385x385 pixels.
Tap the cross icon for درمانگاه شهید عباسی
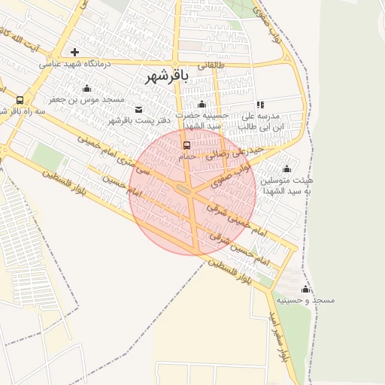(74, 52)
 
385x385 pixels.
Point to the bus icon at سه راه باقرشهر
(19, 100)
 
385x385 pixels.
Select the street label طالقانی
(211, 65)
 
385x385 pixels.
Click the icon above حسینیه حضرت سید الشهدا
(201, 105)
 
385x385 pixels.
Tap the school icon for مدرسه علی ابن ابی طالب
(260, 105)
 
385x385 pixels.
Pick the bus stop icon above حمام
(186, 145)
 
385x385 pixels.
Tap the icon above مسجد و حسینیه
(305, 290)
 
